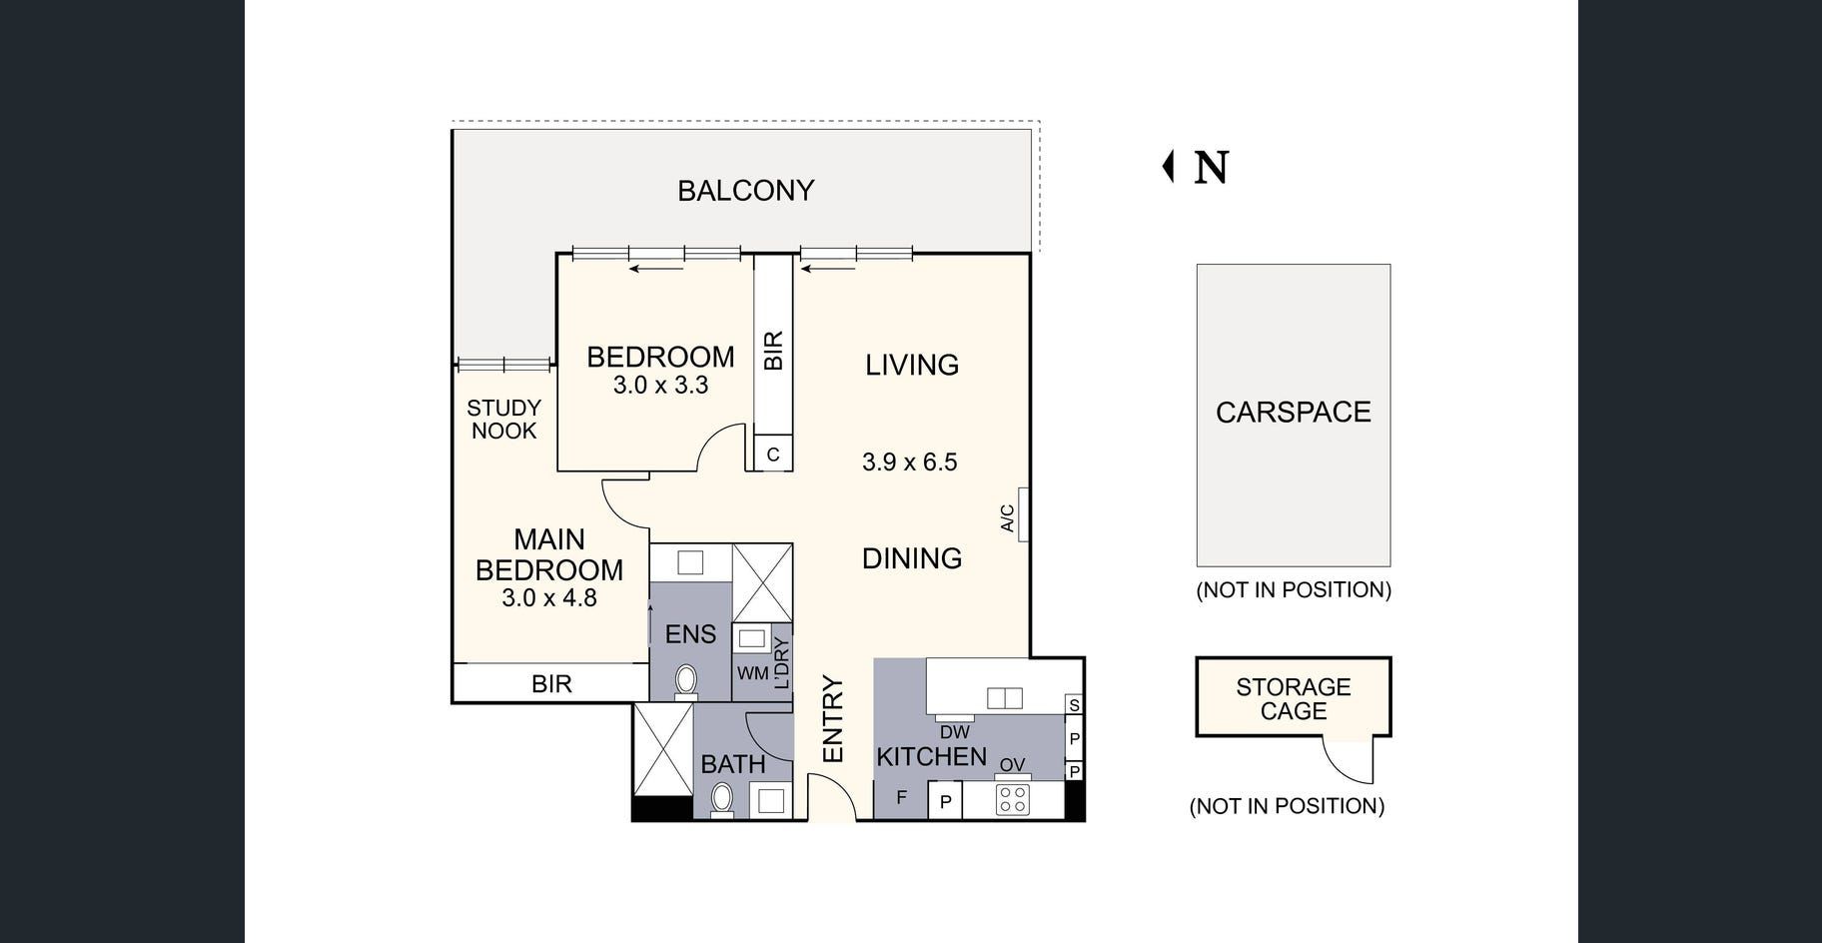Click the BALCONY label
tap(745, 191)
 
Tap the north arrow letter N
tap(1211, 168)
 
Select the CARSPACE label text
tap(1293, 413)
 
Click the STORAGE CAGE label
tap(1293, 699)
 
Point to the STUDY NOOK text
tap(503, 420)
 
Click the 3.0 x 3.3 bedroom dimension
tap(660, 386)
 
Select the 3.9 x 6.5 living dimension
tap(909, 463)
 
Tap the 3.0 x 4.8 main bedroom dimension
tap(548, 598)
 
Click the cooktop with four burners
tap(1012, 799)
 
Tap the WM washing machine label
tap(752, 673)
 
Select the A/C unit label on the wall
tap(1008, 518)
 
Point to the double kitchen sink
tap(1004, 697)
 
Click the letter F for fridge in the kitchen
tap(901, 797)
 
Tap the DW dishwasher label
tap(954, 732)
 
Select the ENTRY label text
tap(833, 719)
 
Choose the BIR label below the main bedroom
tap(551, 684)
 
